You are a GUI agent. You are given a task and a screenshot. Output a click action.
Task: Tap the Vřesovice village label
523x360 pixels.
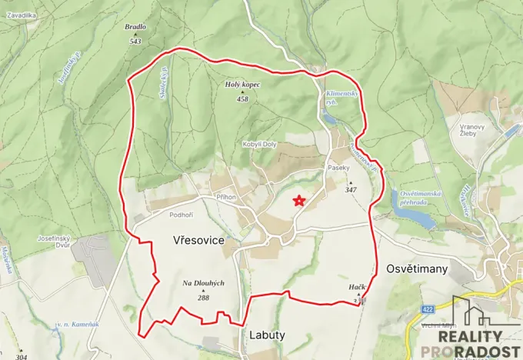pyautogui.click(x=198, y=241)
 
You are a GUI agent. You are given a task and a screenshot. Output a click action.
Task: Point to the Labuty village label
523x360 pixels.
pyautogui.click(x=267, y=335)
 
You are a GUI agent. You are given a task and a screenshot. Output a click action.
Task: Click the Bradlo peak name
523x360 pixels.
pyautogui.click(x=135, y=27)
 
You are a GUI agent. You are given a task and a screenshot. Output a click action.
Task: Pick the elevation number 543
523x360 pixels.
pyautogui.click(x=135, y=41)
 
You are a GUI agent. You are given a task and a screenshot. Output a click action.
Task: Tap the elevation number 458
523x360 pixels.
pyautogui.click(x=243, y=99)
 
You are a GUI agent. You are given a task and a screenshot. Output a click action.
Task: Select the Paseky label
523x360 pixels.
pyautogui.click(x=339, y=168)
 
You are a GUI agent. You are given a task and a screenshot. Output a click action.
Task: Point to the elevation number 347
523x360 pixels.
pyautogui.click(x=351, y=189)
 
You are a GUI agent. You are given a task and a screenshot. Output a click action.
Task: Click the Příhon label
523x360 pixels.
pyautogui.click(x=225, y=197)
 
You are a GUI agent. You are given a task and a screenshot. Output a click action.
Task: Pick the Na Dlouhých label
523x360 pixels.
pyautogui.click(x=203, y=283)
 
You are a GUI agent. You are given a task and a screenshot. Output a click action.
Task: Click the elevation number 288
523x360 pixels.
pyautogui.click(x=203, y=297)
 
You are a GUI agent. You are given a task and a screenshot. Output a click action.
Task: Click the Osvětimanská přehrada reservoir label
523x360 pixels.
pyautogui.click(x=420, y=198)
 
